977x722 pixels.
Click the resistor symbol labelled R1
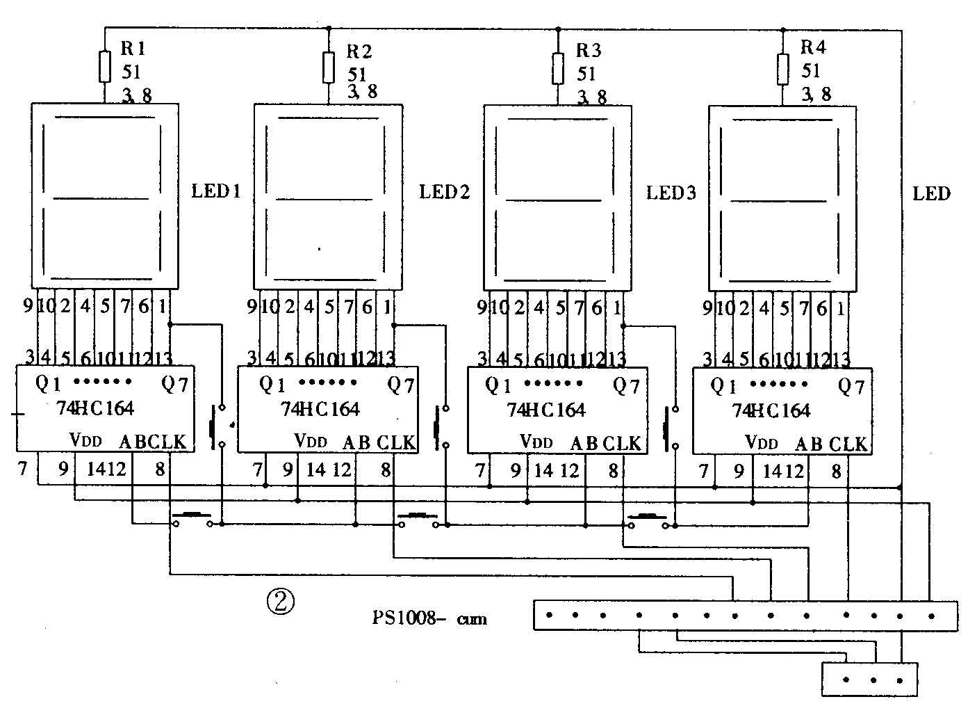pyautogui.click(x=105, y=65)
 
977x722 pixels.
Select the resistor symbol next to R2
pyautogui.click(x=329, y=67)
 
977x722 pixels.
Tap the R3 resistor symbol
pyautogui.click(x=557, y=67)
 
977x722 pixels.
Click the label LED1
pyautogui.click(x=216, y=191)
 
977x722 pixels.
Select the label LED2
pyautogui.click(x=445, y=192)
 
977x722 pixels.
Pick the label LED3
pyautogui.click(x=671, y=193)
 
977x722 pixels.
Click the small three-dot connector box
pyautogui.click(x=870, y=679)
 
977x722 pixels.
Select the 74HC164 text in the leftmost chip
pyautogui.click(x=95, y=408)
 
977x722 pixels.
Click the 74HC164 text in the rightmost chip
pyautogui.click(x=771, y=410)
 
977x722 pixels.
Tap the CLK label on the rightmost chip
pyautogui.click(x=848, y=444)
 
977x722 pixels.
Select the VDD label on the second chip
pyautogui.click(x=310, y=441)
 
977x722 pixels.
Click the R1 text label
pyautogui.click(x=133, y=48)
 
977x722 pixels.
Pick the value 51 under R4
pyautogui.click(x=811, y=70)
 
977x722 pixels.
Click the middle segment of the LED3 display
pyautogui.click(x=553, y=200)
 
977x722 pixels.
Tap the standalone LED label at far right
pyautogui.click(x=931, y=193)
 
